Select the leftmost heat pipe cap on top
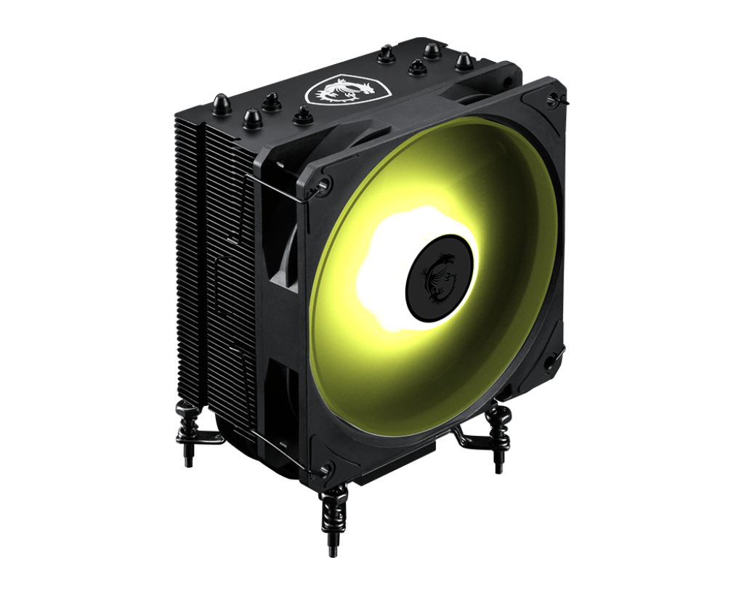221,104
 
